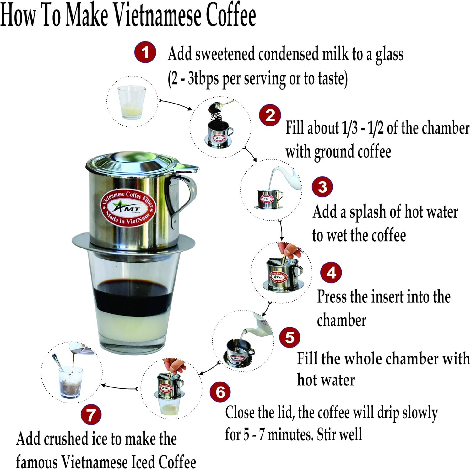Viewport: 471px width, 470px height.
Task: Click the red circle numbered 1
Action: (x=145, y=52)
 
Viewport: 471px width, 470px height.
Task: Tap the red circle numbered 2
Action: (x=270, y=115)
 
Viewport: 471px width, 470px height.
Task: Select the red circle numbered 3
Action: (x=322, y=187)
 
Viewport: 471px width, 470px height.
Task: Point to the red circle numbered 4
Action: (x=331, y=273)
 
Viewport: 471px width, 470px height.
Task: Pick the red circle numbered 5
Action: (x=290, y=337)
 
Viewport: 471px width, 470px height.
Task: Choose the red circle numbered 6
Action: (x=220, y=392)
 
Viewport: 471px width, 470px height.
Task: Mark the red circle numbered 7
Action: (x=91, y=414)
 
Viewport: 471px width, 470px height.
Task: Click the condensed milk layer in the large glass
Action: (x=132, y=329)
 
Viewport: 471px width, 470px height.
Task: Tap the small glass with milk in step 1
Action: (x=132, y=102)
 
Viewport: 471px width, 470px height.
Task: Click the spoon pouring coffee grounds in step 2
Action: (x=220, y=106)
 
